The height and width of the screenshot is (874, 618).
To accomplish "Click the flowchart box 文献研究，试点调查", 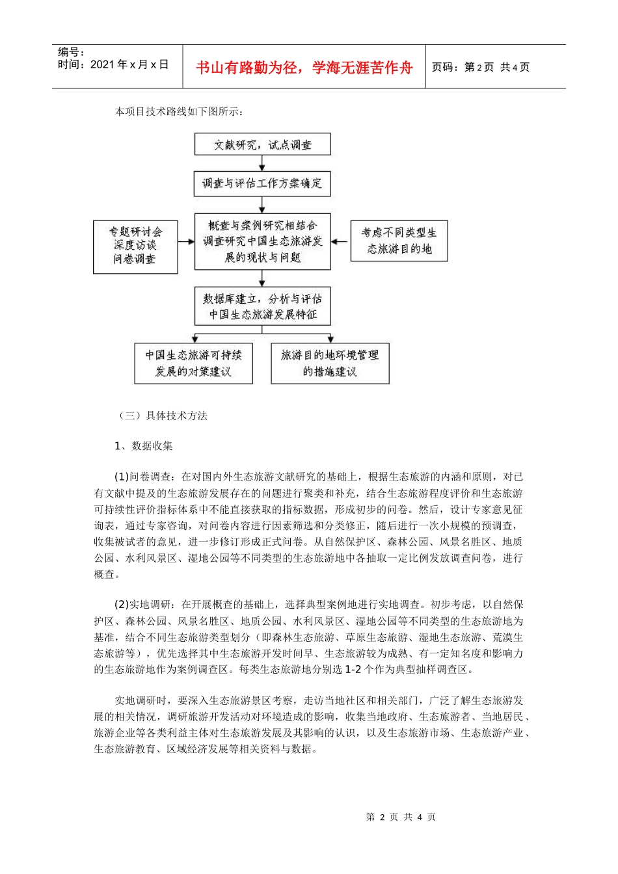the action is click(x=262, y=144).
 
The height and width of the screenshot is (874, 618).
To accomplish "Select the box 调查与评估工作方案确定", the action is click(x=262, y=183).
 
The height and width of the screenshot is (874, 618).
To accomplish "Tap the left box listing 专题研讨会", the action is click(x=135, y=246).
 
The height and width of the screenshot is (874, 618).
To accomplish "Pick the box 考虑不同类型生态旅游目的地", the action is click(x=399, y=241).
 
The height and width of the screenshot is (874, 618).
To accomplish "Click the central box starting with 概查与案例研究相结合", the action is click(x=262, y=241).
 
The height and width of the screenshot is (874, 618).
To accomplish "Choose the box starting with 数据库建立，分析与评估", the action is click(x=262, y=306).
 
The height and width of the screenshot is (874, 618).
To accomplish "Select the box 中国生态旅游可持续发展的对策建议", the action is click(x=193, y=364).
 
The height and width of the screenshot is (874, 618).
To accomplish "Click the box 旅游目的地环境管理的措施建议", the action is click(x=330, y=364).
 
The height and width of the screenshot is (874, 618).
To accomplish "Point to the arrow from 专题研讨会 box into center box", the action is click(x=187, y=242).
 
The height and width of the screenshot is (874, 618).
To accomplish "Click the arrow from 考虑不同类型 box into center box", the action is click(x=340, y=242).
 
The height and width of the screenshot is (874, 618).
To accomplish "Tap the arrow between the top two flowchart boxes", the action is click(x=262, y=163).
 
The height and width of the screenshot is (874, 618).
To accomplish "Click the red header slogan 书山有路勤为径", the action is click(x=304, y=68).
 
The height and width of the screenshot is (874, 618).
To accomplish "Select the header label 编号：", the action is click(x=72, y=52).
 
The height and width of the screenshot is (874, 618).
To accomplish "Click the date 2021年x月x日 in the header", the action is click(x=129, y=64).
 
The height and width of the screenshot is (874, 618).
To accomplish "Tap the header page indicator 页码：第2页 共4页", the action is click(x=481, y=67).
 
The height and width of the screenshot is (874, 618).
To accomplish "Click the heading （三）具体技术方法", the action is click(x=163, y=416).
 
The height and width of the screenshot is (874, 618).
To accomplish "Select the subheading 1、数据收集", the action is click(x=143, y=445).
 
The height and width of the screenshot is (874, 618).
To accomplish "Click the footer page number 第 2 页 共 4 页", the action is click(x=401, y=817).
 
